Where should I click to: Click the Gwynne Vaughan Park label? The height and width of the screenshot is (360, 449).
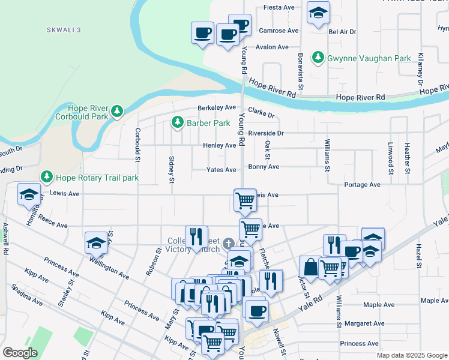pos(369,58)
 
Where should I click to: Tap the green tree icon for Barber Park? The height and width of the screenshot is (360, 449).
pos(177,123)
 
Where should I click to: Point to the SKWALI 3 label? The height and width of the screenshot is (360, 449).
pos(64,29)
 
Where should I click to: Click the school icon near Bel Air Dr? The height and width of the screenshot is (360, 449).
pos(318,13)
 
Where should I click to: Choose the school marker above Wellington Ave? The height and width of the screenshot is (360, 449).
pos(95,242)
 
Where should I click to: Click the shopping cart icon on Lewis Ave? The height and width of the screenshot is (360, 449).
pos(245,200)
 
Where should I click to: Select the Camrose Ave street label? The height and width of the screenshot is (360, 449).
pos(279,30)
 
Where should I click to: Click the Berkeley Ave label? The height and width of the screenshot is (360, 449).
pos(217,108)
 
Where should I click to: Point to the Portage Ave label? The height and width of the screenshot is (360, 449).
pos(363,185)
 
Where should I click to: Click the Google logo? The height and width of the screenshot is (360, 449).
pos(20,352)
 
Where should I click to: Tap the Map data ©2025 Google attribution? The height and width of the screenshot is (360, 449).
pos(412,355)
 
